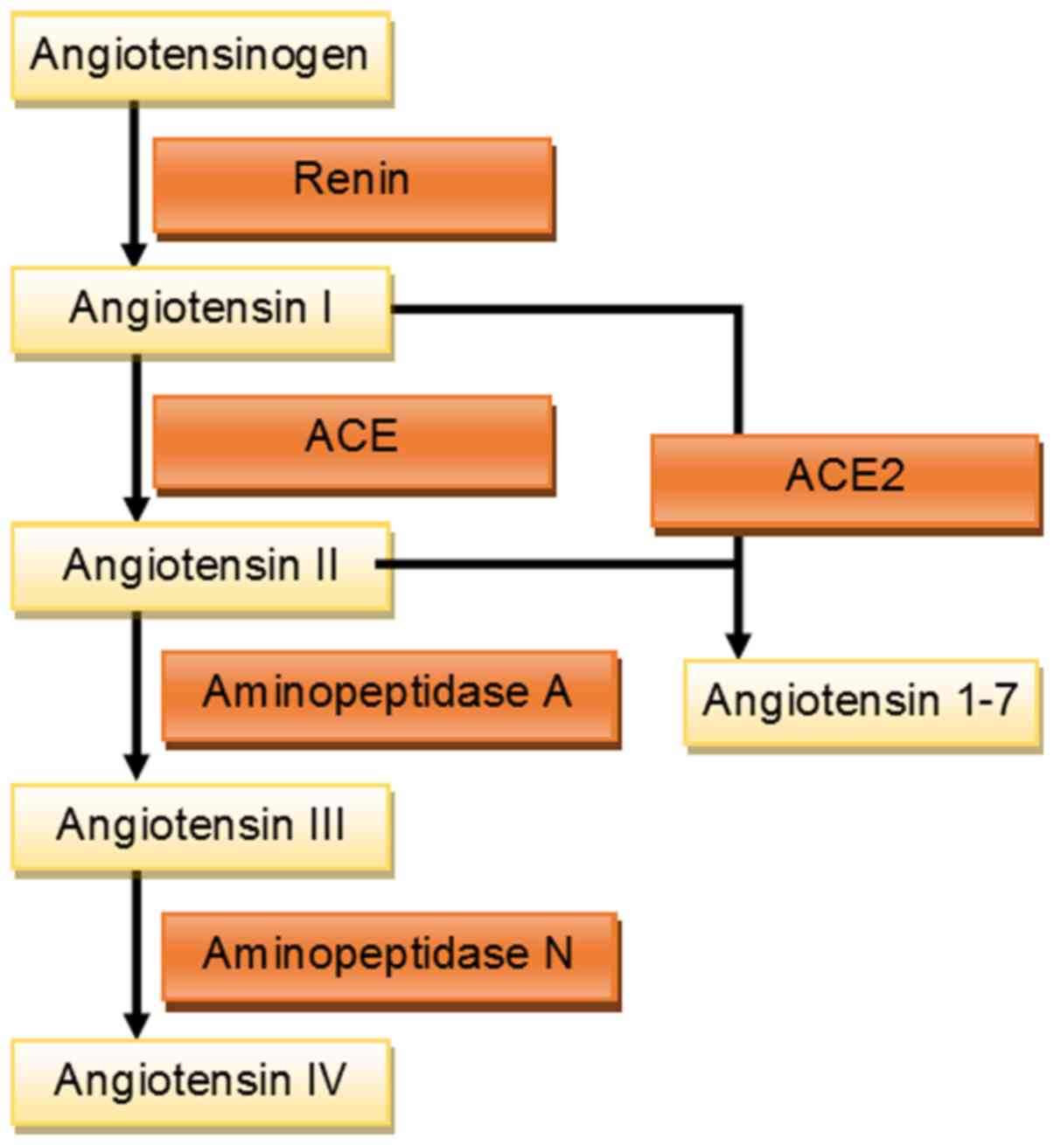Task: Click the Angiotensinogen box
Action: pos(200,55)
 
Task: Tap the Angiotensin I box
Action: pos(200,309)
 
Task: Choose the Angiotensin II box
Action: pos(200,566)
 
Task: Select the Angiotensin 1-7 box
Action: pos(862,701)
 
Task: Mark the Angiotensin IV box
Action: pos(200,1081)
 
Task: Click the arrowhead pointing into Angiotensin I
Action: pos(134,254)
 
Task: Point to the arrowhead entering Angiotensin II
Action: pos(136,509)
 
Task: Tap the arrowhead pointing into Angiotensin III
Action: pos(136,767)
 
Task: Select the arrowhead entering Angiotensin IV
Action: pos(136,1024)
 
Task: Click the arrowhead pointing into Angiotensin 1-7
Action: pos(738,646)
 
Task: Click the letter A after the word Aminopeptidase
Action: pos(556,693)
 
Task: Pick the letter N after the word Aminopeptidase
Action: pos(557,954)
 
